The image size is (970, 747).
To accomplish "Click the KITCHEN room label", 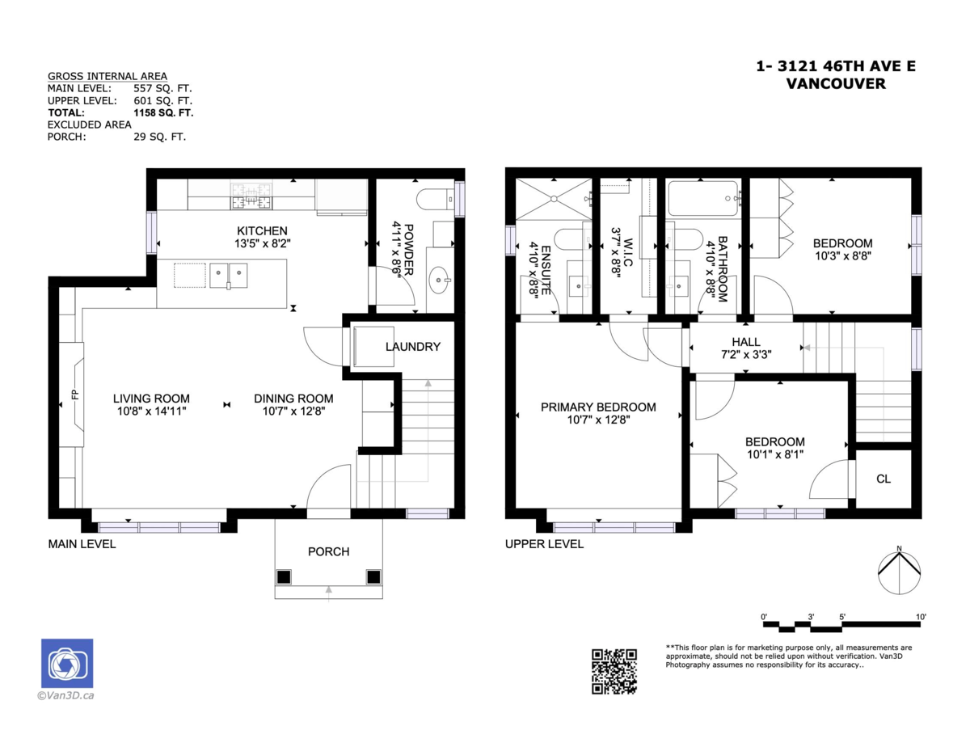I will point(262,230).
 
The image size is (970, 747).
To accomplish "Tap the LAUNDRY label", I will point(413,347).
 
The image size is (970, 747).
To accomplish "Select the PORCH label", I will point(328,551).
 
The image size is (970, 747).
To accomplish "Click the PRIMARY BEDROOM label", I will point(598,407).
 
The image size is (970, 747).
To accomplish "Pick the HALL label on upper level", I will point(745,342).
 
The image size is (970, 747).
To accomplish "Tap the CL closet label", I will point(884,479).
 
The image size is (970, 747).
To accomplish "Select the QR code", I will point(614,670).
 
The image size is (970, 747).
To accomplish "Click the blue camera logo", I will point(67,664).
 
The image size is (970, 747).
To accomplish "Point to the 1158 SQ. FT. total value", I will point(163,112).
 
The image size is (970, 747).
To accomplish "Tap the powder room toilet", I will point(434,198).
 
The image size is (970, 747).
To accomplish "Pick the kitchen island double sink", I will point(229,275).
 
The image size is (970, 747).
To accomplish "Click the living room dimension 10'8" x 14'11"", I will point(151,411).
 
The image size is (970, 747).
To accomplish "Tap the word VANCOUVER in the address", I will point(835,83).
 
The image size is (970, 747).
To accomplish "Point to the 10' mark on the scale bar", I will point(921,618).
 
